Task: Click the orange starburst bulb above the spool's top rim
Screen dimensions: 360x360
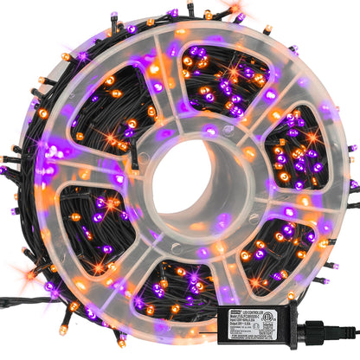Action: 235,10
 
